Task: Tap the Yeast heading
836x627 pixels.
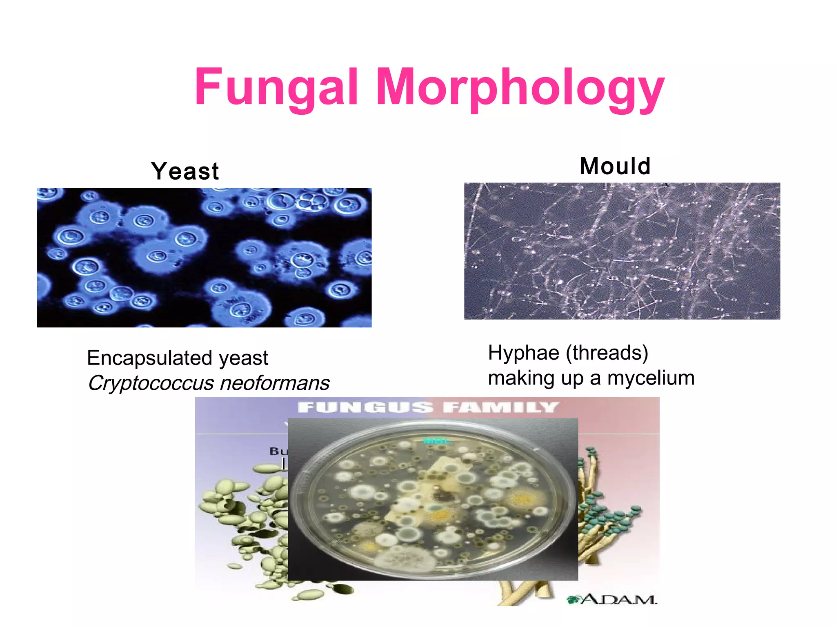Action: pyautogui.click(x=185, y=171)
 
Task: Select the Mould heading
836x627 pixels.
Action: pyautogui.click(x=615, y=166)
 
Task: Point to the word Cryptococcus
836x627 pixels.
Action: pyautogui.click(x=151, y=383)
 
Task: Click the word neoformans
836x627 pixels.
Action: pyautogui.click(x=275, y=383)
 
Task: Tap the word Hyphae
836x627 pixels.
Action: pyautogui.click(x=523, y=353)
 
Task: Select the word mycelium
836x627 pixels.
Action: pyautogui.click(x=651, y=378)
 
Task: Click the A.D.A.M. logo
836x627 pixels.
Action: pyautogui.click(x=612, y=599)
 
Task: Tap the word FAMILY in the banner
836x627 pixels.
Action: pyautogui.click(x=500, y=407)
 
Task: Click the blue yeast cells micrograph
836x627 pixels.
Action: pyautogui.click(x=204, y=258)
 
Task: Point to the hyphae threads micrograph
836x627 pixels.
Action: pyautogui.click(x=622, y=251)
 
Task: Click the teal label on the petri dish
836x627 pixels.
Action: pyautogui.click(x=436, y=441)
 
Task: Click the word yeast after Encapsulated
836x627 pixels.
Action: pyautogui.click(x=243, y=358)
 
